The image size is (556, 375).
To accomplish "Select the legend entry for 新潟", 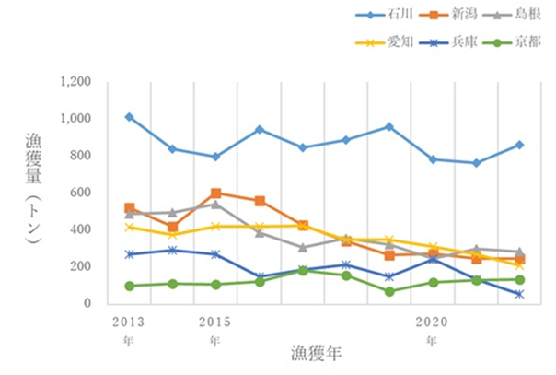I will (452, 16).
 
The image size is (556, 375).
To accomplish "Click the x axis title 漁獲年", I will (318, 352).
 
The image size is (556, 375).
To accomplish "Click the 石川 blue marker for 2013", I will (129, 117).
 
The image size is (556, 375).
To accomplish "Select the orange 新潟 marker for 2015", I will (215, 193).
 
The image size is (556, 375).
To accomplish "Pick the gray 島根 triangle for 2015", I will (215, 205).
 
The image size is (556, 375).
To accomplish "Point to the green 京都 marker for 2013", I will (129, 286).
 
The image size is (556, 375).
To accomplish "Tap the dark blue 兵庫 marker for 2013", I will (129, 254).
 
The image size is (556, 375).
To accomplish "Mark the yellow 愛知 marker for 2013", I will (129, 227).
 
